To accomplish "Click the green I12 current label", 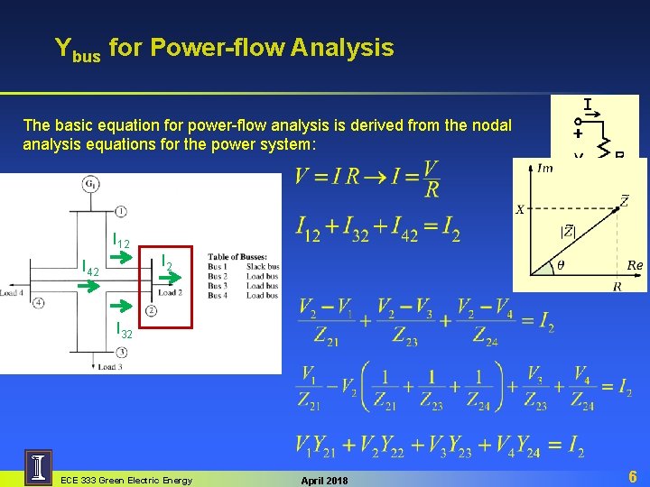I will (x=121, y=242).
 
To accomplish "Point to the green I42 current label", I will (x=90, y=268).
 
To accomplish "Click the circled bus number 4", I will (x=39, y=302).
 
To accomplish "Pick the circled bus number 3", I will (x=121, y=352).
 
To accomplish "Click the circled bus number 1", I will (x=120, y=209).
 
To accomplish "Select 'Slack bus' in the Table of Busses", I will (x=263, y=267).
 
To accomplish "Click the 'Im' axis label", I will (x=544, y=168).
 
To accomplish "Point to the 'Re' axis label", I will (x=635, y=265).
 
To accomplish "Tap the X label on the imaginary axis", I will (x=521, y=209).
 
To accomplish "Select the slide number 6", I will (x=633, y=475).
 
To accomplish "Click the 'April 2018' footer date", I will (x=322, y=480).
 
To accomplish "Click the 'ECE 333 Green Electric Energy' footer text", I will (x=125, y=480).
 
